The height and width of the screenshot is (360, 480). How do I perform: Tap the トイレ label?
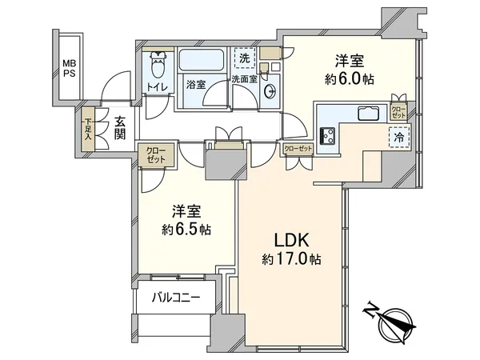157,86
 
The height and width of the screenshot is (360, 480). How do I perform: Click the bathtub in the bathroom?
201,62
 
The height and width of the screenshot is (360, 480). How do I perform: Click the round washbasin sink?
269,90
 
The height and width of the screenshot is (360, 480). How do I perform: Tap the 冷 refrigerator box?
398,137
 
